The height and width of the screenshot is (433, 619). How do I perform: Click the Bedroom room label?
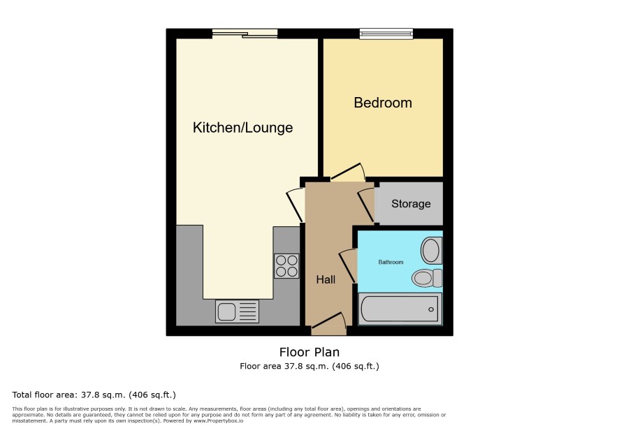pos(383,103)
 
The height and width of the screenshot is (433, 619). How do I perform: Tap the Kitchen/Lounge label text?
pos(243,128)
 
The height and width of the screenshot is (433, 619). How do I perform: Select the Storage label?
pos(411,204)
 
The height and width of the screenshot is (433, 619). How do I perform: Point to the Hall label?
pos(326,279)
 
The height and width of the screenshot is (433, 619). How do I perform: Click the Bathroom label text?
pos(391,262)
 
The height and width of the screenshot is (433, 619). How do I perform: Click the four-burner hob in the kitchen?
pos(286,265)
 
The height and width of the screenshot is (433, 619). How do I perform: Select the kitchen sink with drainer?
pos(238,311)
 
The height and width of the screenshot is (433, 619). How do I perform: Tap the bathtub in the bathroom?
pos(400,309)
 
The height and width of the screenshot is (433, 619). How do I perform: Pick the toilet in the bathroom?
pos(427,278)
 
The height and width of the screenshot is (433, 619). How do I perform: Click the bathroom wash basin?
pos(432,250)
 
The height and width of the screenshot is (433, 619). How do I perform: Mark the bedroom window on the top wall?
pos(386,34)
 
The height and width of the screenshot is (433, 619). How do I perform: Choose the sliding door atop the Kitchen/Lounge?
pos(245,34)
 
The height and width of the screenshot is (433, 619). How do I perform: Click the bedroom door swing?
pos(347,172)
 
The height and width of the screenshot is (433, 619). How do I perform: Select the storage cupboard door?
pos(366,205)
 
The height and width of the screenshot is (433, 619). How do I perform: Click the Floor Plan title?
pos(309,352)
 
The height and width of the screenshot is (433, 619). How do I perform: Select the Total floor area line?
pos(94,395)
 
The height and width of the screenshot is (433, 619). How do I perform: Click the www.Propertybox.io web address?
pos(218,421)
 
